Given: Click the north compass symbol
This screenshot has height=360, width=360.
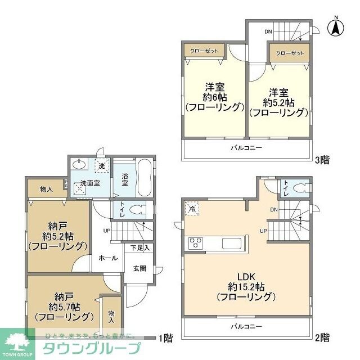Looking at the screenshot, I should pos(336,25).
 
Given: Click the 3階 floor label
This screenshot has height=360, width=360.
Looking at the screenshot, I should pos(322,160).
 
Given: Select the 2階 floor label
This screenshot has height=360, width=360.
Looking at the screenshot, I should pos(322,337).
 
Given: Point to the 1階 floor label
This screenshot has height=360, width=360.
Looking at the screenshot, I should pos(165,337).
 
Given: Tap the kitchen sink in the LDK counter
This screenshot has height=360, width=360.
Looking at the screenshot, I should pos(231,244).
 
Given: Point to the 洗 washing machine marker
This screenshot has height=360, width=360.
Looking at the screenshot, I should pos(102,166).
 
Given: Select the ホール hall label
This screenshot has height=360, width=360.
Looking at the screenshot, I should pos(108,258).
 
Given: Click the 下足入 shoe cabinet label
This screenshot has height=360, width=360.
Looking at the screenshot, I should pos(140,247).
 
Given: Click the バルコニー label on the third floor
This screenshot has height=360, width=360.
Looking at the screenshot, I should pos(246,147).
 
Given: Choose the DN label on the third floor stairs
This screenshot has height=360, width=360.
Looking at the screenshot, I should pos(269,32).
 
